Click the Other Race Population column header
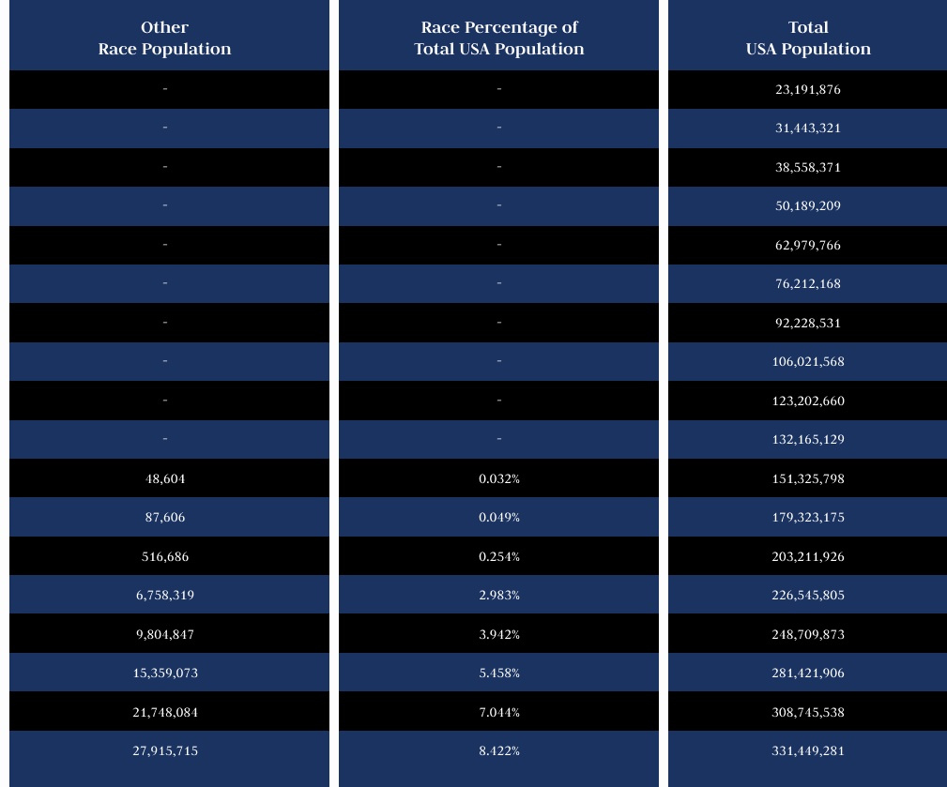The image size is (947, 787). tap(165, 38)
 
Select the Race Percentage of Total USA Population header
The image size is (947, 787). tap(498, 38)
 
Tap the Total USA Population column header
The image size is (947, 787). tap(808, 38)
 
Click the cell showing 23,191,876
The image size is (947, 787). tap(808, 90)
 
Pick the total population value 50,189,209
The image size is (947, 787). tap(808, 206)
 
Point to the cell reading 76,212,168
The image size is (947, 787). tap(808, 284)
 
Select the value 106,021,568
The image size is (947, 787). tap(808, 362)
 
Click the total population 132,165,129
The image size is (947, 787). tap(808, 440)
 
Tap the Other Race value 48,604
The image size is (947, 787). tap(165, 478)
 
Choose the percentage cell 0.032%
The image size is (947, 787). tap(498, 478)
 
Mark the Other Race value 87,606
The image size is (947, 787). tap(165, 518)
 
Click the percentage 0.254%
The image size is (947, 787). tap(498, 556)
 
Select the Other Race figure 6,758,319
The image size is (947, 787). tap(165, 596)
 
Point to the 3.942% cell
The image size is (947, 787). tap(498, 634)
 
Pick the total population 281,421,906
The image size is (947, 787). tap(808, 673)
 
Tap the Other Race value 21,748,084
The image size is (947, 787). tap(165, 712)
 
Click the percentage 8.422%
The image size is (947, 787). tap(498, 751)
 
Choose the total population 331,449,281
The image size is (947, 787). tap(808, 751)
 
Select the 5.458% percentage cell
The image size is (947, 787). tap(498, 673)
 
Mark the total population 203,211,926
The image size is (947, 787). tap(808, 556)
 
